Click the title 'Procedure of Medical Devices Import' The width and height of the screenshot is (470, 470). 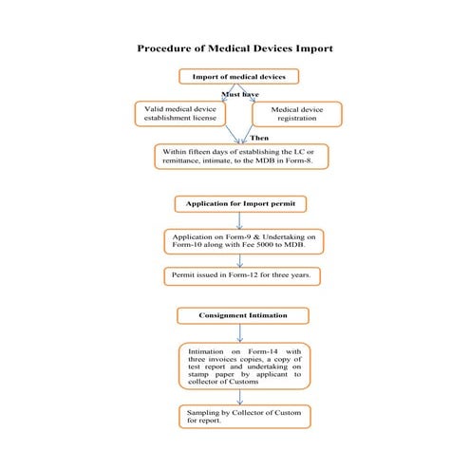tap(235, 47)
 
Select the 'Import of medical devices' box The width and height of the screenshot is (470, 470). tap(239, 76)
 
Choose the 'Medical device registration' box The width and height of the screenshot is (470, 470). tap(296, 115)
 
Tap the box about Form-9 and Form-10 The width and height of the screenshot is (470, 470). tap(243, 241)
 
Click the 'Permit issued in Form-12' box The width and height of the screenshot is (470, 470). tap(241, 277)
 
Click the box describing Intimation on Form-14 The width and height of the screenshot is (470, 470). tap(243, 367)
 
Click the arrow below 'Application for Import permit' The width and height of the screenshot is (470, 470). tap(239, 220)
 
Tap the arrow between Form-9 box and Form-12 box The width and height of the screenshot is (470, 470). tap(239, 260)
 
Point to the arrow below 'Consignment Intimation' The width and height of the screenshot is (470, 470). tap(239, 332)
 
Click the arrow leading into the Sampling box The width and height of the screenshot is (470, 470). tap(239, 398)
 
